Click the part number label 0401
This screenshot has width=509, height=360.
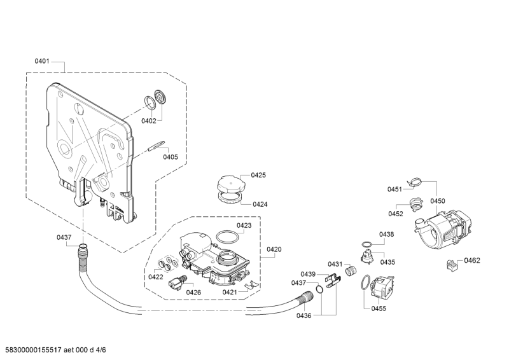(x=42, y=62)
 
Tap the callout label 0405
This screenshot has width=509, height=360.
(x=170, y=156)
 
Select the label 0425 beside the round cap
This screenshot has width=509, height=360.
(x=258, y=174)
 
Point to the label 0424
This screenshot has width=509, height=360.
(x=260, y=204)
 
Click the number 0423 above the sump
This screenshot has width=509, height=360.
(x=244, y=225)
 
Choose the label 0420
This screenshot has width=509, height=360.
(x=274, y=249)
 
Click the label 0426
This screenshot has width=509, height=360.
(x=193, y=292)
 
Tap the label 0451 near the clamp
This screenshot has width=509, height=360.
(x=395, y=189)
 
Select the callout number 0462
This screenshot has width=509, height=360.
(x=471, y=260)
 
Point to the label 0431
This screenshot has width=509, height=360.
(x=335, y=264)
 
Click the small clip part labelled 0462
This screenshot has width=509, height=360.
(x=453, y=265)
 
